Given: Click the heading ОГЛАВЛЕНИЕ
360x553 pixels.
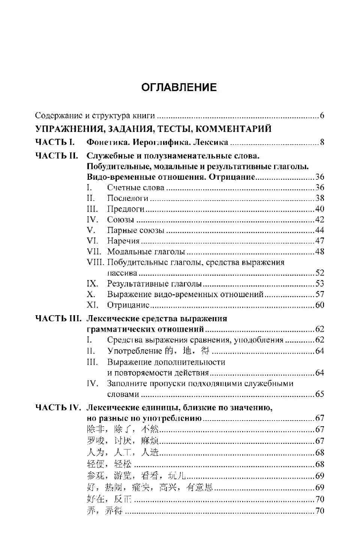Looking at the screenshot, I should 179,87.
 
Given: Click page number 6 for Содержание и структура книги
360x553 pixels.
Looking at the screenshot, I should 322,116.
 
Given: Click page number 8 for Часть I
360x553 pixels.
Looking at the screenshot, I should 322,142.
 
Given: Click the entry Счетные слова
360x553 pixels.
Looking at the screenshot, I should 135,188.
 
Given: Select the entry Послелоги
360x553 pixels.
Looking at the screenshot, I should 127,198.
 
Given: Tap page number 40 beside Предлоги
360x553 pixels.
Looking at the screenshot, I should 319,209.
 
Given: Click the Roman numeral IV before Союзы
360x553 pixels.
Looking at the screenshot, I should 92,219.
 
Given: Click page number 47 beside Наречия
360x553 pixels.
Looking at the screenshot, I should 319,241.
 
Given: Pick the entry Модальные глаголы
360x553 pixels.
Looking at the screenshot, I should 146,251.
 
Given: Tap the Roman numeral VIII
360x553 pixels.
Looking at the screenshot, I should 95,262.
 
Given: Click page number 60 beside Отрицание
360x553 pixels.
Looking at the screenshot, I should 319,305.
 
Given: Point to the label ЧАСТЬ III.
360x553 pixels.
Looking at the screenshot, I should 58,319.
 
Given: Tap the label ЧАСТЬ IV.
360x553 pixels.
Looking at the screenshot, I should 58,407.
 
